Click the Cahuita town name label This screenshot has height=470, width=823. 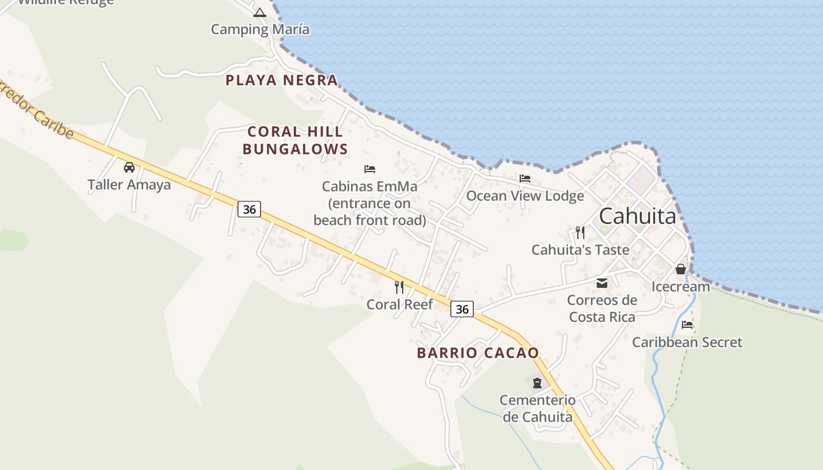637,216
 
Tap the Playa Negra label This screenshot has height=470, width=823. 282,80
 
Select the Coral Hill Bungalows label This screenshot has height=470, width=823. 295,140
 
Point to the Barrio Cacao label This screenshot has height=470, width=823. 478,353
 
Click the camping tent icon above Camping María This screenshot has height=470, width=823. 260,12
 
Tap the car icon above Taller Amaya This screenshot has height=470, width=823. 129,167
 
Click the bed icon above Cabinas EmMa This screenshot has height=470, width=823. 370,169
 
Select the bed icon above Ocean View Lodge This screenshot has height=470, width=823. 525,179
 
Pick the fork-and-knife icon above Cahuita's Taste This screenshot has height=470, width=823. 580,232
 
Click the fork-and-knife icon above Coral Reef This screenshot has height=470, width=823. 399,287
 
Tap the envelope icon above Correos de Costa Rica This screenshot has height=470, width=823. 602,283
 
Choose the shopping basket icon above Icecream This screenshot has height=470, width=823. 681,270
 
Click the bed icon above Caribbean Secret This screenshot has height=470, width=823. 687,325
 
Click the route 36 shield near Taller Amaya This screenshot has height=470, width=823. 249,209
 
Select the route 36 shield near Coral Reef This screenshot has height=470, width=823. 462,309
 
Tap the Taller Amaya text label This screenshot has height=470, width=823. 129,184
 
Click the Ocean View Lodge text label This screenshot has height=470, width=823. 525,196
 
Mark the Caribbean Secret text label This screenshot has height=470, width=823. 687,342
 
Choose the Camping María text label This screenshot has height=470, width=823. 260,29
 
